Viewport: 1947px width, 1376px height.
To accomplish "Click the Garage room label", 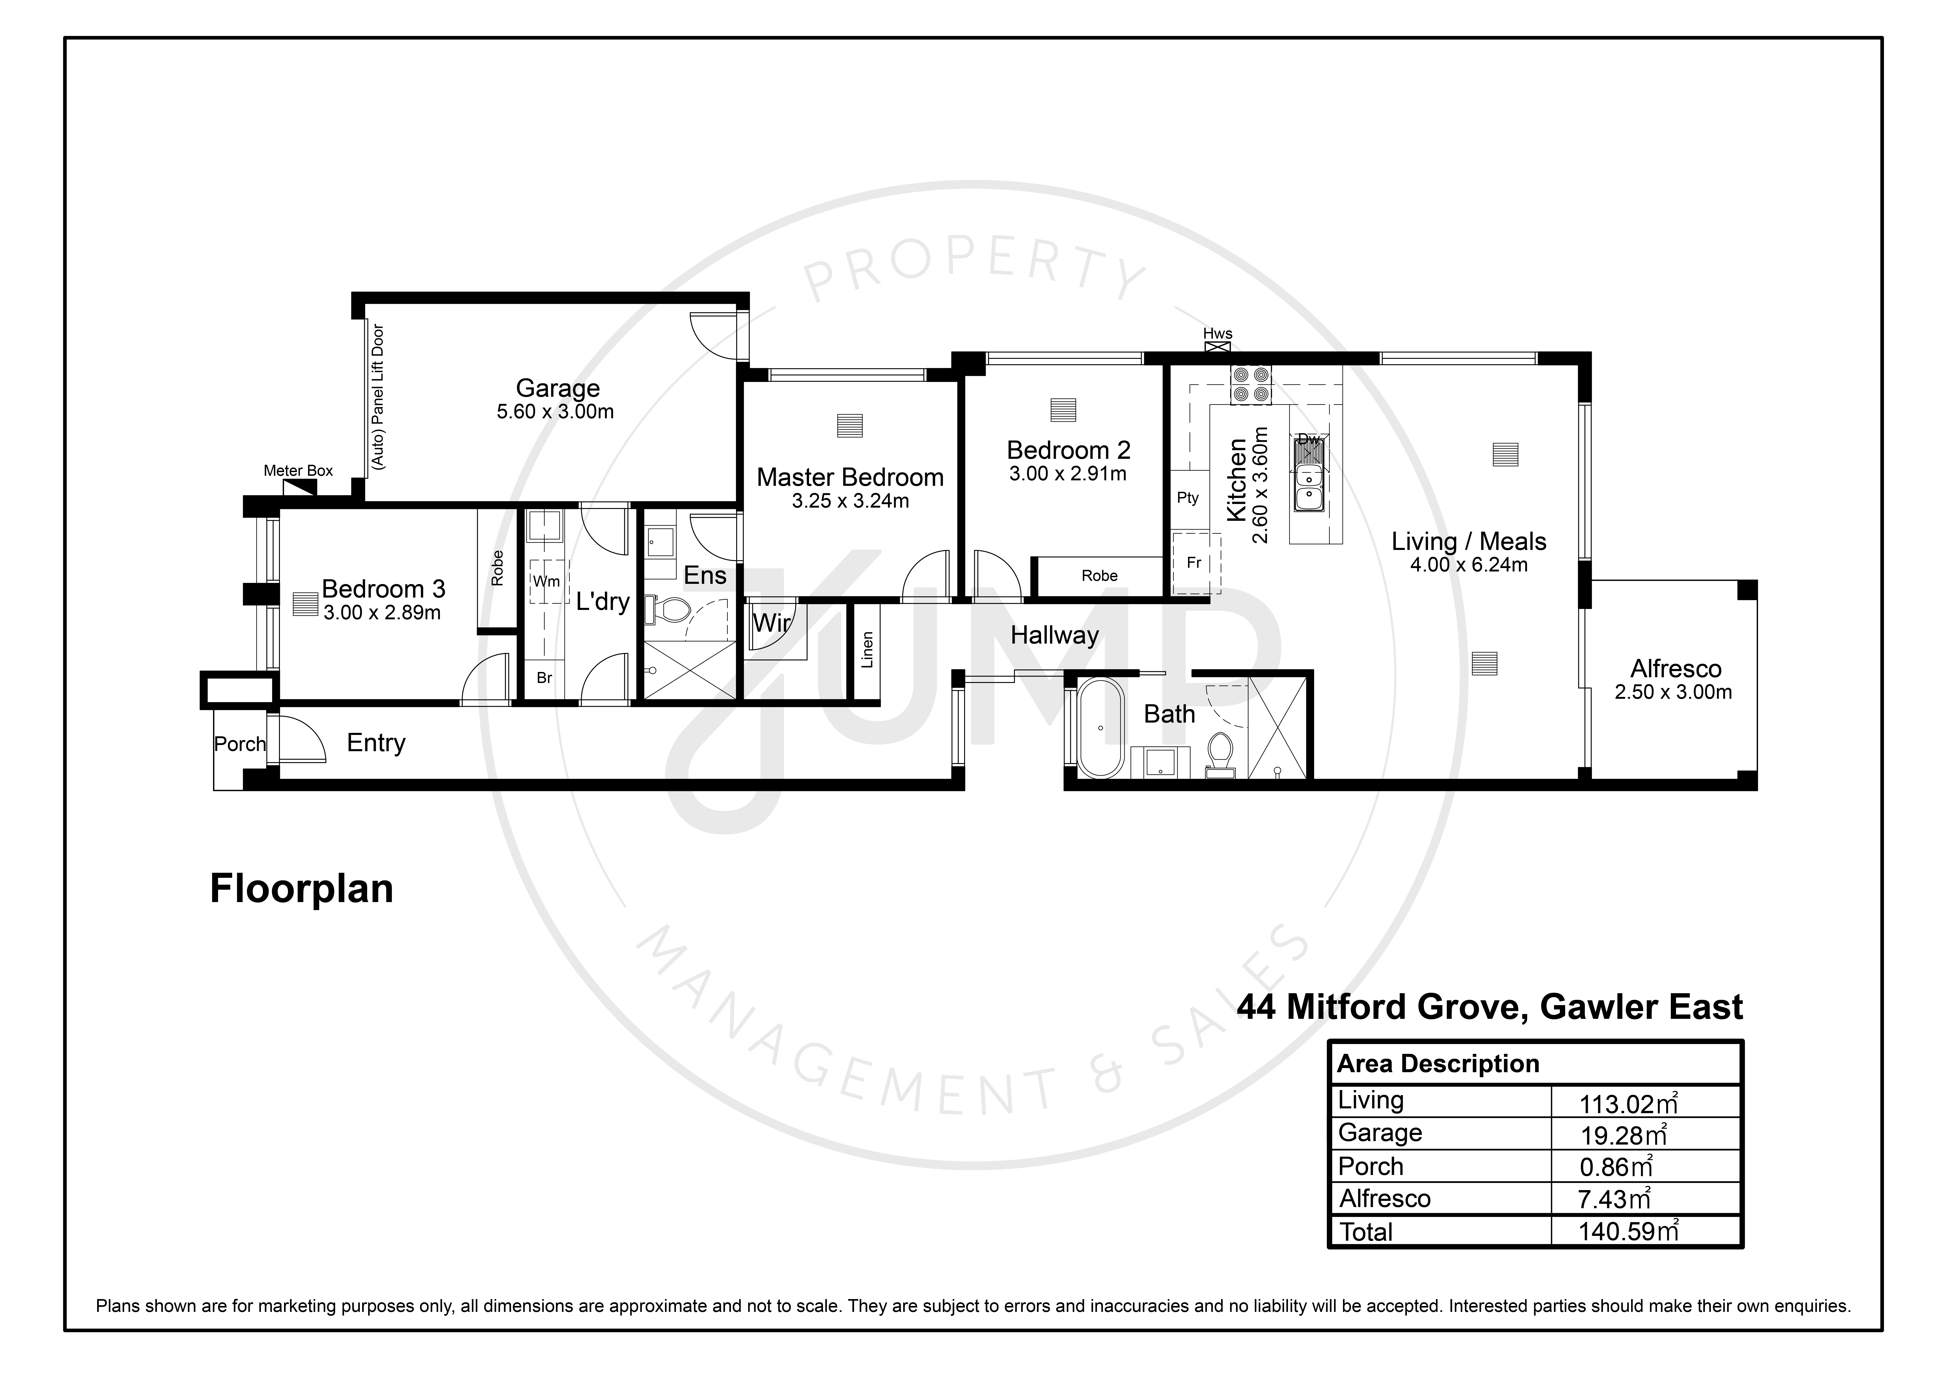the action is point(558,388).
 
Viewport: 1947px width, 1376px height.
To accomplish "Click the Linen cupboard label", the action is point(867,650).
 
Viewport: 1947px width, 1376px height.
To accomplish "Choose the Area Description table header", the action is point(1438,1064).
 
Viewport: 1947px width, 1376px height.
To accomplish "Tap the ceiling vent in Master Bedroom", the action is point(850,426).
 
